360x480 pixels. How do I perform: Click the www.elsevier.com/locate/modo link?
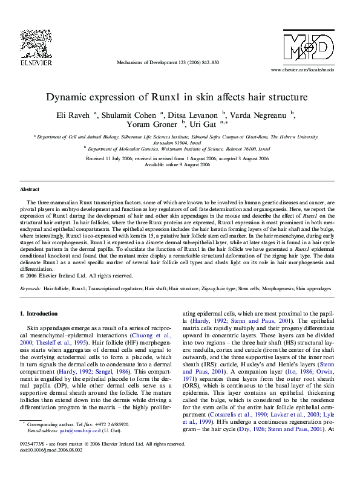[x=306, y=71]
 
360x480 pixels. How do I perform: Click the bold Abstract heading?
[x=30, y=190]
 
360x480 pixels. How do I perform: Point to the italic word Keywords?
[x=31, y=290]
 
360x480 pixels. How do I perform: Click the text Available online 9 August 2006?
[x=180, y=165]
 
